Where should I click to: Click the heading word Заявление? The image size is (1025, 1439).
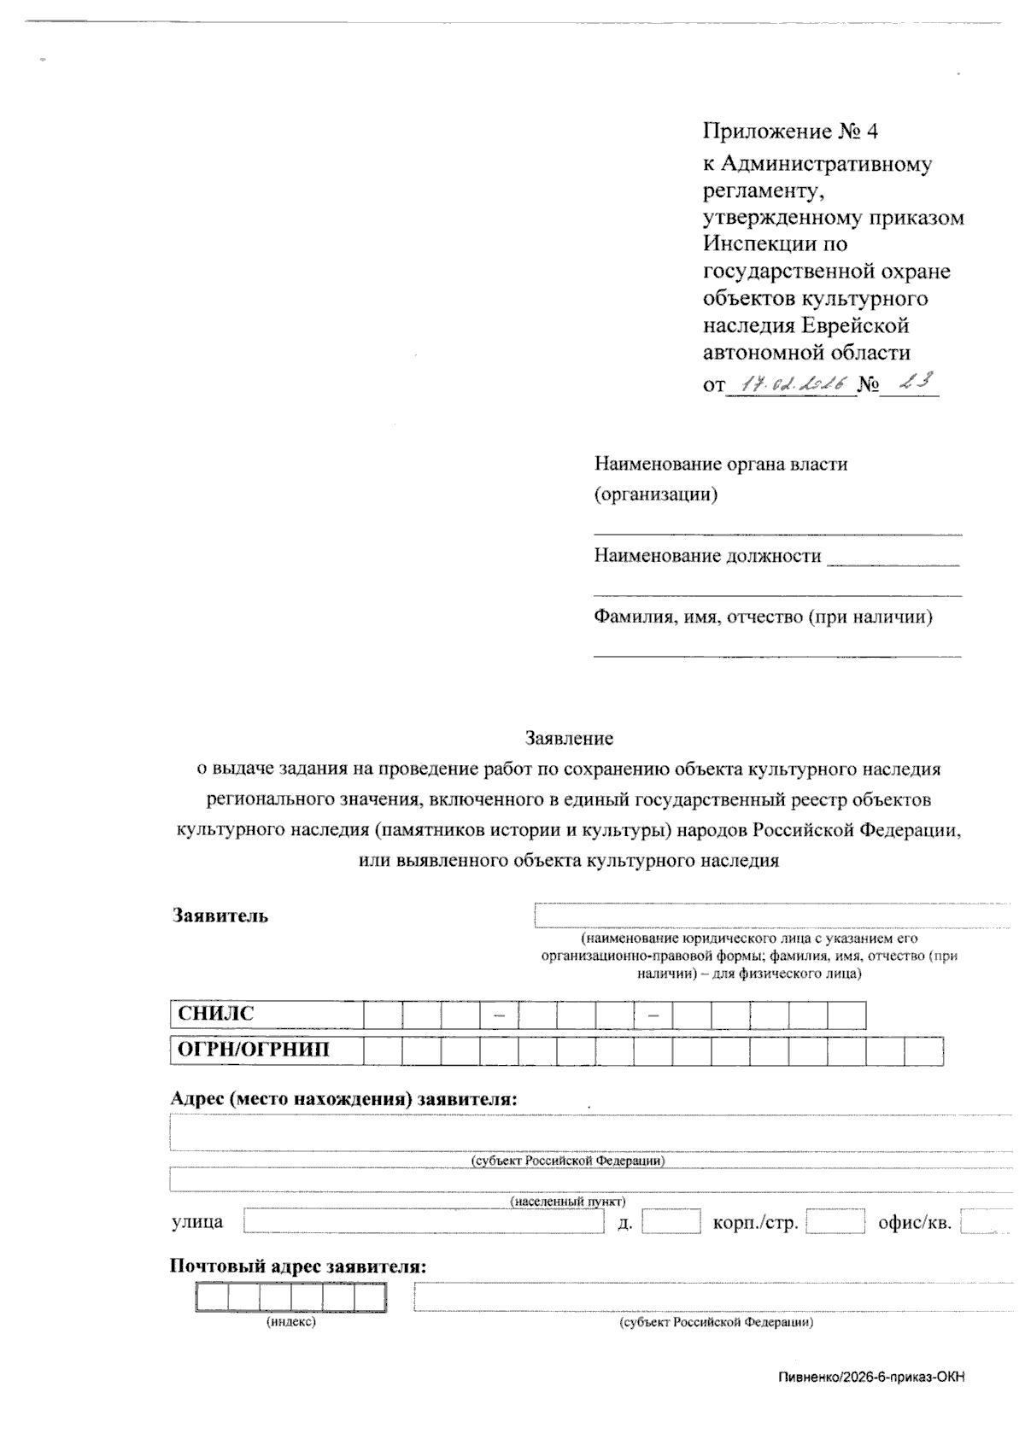569,737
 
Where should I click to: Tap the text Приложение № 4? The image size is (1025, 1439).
790,131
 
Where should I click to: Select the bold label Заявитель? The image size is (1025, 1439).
220,915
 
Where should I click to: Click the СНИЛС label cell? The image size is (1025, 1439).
266,1015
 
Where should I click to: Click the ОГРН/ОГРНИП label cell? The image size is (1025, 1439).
266,1050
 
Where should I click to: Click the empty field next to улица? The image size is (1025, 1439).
424,1222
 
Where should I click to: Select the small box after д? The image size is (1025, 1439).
671,1222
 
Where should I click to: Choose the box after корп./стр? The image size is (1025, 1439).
835,1222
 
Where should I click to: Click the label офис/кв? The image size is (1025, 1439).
914,1222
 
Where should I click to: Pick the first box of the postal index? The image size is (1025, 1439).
212,1298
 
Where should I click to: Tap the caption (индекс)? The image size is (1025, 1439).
291,1322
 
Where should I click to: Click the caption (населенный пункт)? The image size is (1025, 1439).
568,1201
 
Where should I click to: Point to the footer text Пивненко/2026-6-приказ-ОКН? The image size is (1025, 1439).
871,1377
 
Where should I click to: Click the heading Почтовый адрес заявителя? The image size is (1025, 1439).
298,1266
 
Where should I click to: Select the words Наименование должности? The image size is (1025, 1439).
707,556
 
